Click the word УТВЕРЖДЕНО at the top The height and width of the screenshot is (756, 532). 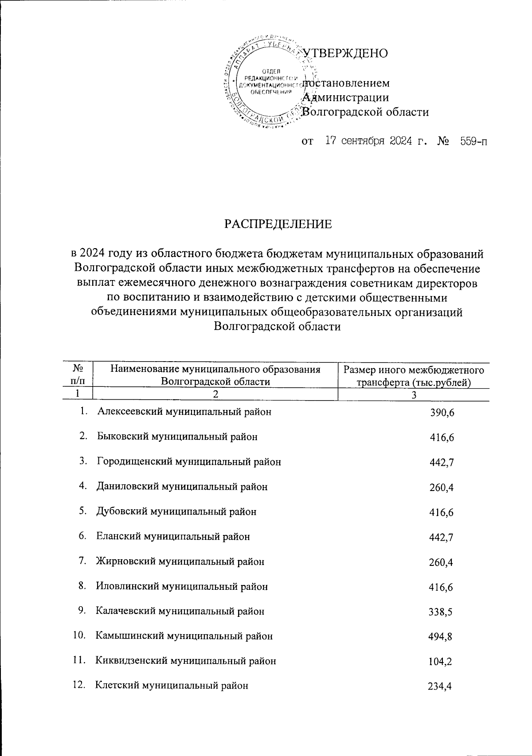[346, 53]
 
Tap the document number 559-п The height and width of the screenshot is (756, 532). [472, 142]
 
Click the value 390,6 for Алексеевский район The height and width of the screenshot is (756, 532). [442, 413]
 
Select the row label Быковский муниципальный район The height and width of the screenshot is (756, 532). [177, 437]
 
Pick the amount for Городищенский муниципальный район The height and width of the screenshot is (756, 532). [442, 463]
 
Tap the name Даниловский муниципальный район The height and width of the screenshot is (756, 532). [182, 487]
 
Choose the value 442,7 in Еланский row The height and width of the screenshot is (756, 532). [442, 538]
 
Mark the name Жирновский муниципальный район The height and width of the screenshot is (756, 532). [180, 562]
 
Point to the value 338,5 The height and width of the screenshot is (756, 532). [442, 612]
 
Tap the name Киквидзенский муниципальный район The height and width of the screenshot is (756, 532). [186, 661]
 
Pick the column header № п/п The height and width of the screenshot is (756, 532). [78, 374]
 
